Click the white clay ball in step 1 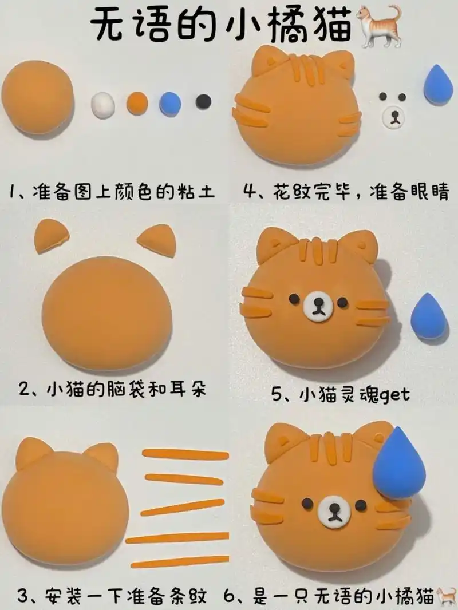click(x=103, y=106)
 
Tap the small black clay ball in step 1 click(x=203, y=102)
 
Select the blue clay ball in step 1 click(x=170, y=103)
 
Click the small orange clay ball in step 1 click(x=137, y=103)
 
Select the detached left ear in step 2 click(x=51, y=237)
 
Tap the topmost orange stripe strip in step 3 click(x=185, y=454)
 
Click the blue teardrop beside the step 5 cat click(x=429, y=317)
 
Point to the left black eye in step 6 click(x=307, y=504)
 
